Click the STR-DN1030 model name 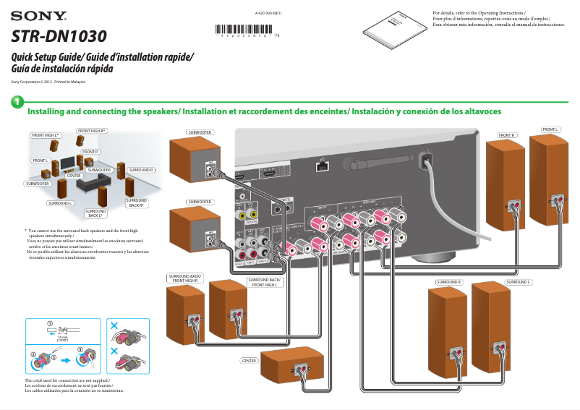58,36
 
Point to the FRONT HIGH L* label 45,135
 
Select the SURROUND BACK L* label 95,213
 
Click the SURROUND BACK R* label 136,202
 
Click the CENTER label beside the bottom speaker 249,359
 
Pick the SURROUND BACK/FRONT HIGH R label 185,278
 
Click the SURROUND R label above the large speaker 449,281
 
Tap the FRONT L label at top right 550,129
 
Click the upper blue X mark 114,325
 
